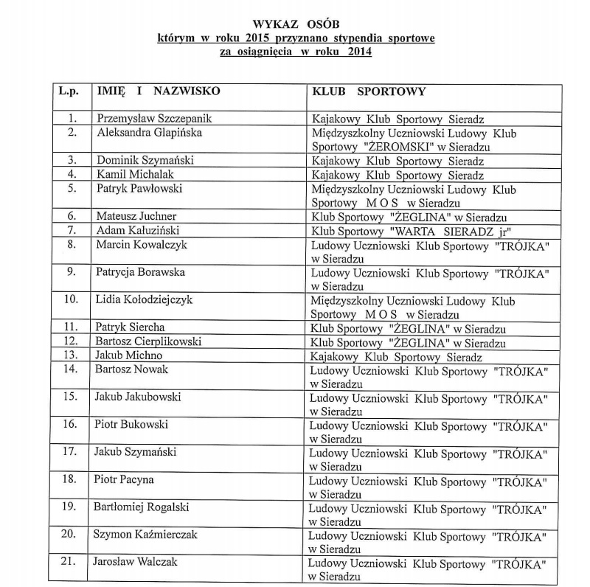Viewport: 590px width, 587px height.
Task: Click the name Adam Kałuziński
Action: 138,230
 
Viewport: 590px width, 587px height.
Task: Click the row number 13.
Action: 71,355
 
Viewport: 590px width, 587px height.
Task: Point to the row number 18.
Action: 71,479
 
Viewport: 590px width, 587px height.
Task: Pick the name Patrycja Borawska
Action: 140,271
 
